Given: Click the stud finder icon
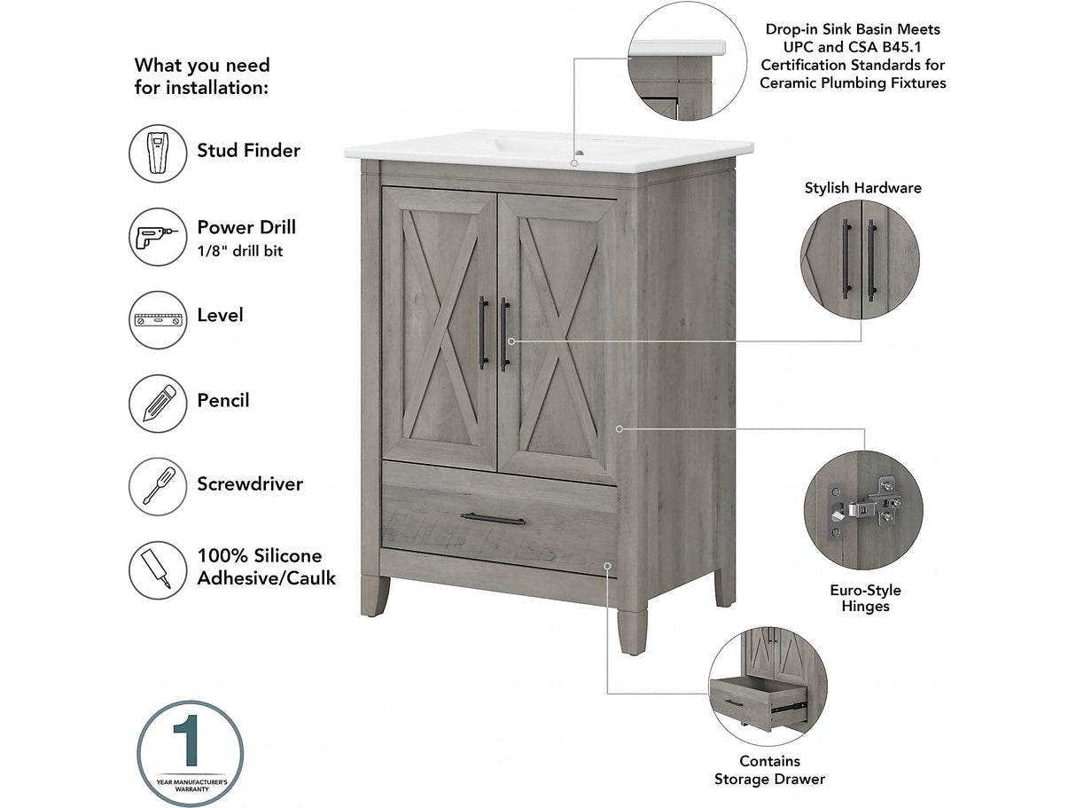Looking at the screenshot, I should click(x=158, y=153).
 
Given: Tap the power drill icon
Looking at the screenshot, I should click(x=158, y=237).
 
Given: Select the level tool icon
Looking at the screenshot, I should click(x=158, y=319).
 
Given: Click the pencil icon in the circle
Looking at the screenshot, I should click(x=158, y=404).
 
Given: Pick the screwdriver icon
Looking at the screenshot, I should click(x=158, y=486).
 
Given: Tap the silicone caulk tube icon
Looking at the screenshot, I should click(x=158, y=569).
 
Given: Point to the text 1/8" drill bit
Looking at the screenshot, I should click(x=240, y=252).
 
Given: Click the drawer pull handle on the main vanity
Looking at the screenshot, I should click(x=493, y=519).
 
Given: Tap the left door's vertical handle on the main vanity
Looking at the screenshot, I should click(x=483, y=333).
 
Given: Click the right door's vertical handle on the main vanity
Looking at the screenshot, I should click(x=503, y=333).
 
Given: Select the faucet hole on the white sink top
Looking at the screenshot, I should click(x=576, y=163).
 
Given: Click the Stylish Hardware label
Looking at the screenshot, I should click(x=862, y=188).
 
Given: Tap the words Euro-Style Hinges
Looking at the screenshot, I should click(x=865, y=598).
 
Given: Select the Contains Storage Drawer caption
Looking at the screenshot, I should click(x=769, y=770).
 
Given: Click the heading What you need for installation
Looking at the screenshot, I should click(x=202, y=76).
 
